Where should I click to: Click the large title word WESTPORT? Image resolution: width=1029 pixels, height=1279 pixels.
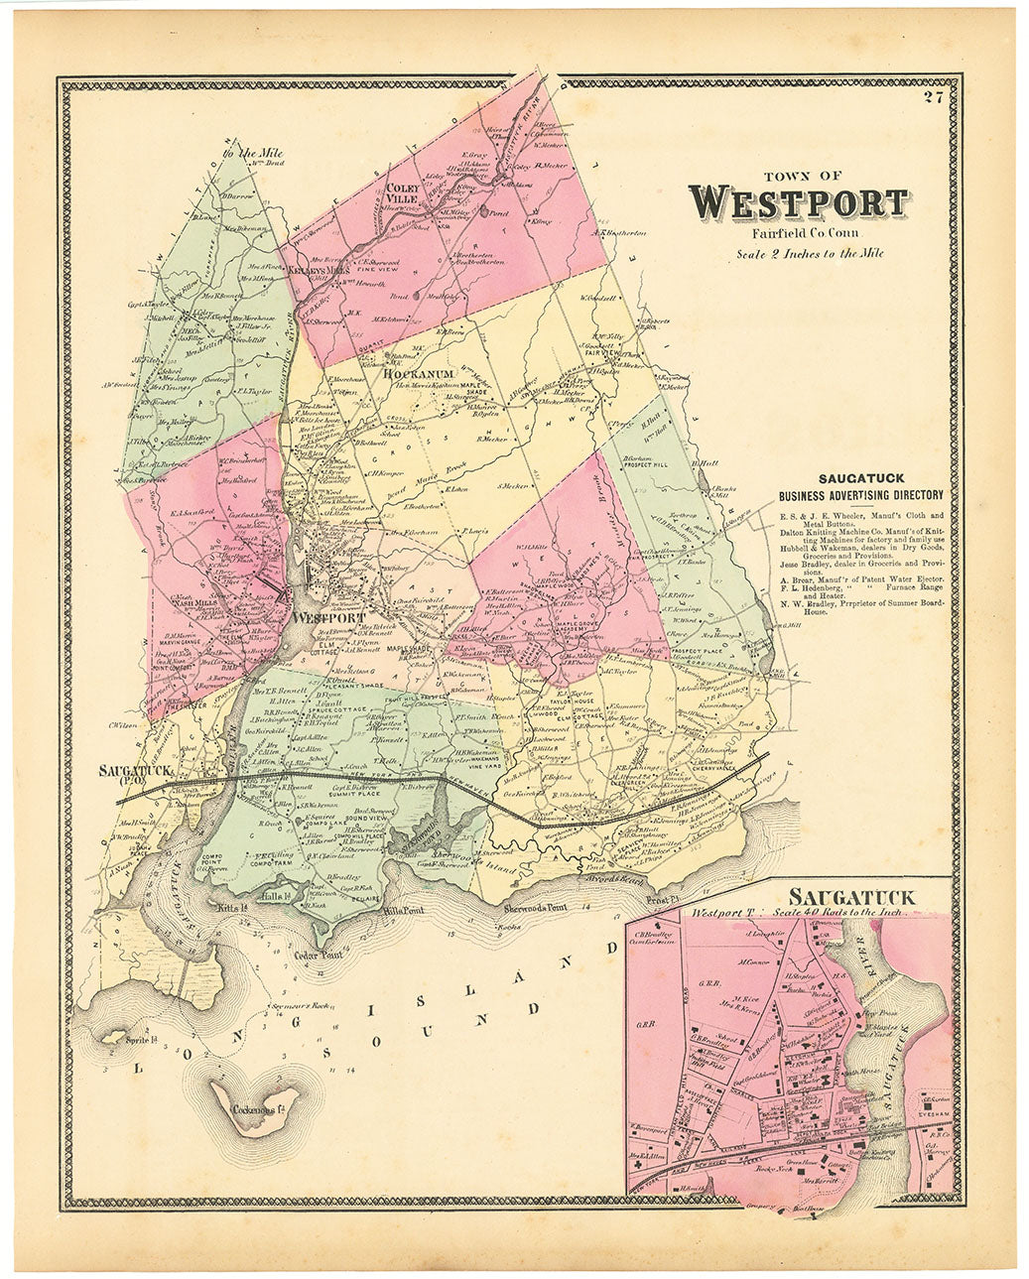click(x=798, y=202)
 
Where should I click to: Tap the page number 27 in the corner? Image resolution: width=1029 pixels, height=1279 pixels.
click(x=931, y=96)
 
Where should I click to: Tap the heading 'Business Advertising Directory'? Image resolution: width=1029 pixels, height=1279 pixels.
click(x=860, y=495)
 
